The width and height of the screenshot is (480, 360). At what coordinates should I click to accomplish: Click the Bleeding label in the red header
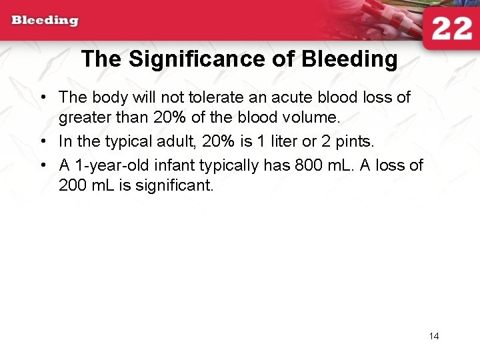tap(45, 20)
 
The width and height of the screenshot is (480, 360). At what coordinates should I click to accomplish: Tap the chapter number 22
tap(451, 30)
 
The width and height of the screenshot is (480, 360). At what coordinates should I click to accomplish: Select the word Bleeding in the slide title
tap(349, 59)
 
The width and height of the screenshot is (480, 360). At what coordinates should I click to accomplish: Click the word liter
tap(282, 141)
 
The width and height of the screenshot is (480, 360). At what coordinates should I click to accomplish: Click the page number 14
tap(434, 336)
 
